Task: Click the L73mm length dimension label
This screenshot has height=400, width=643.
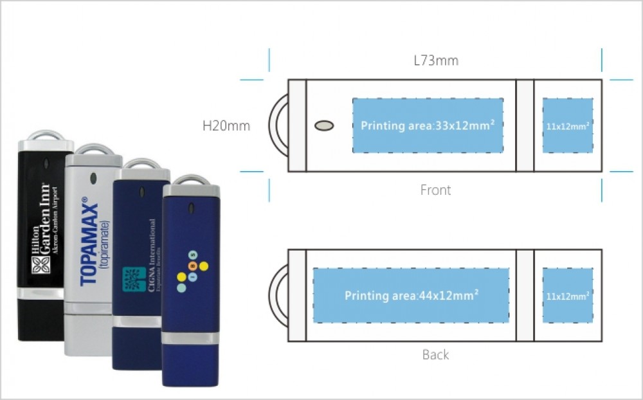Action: point(435,61)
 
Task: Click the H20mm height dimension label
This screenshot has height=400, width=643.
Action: point(226,126)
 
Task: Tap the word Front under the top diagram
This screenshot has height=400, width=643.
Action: point(435,190)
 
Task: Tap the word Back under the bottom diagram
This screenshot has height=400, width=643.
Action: point(435,354)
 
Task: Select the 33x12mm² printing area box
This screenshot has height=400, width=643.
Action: point(428,125)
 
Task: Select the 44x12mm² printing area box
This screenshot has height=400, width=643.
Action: point(411,296)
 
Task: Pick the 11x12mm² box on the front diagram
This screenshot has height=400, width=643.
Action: point(568,125)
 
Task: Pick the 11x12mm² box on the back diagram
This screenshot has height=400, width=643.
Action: point(568,296)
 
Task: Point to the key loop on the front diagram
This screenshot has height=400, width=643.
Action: point(278,125)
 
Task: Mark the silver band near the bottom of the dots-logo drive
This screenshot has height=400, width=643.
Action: point(191,338)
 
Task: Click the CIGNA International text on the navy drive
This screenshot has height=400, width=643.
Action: point(152,254)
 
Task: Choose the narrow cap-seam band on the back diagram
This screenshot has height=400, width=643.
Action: point(525,296)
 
